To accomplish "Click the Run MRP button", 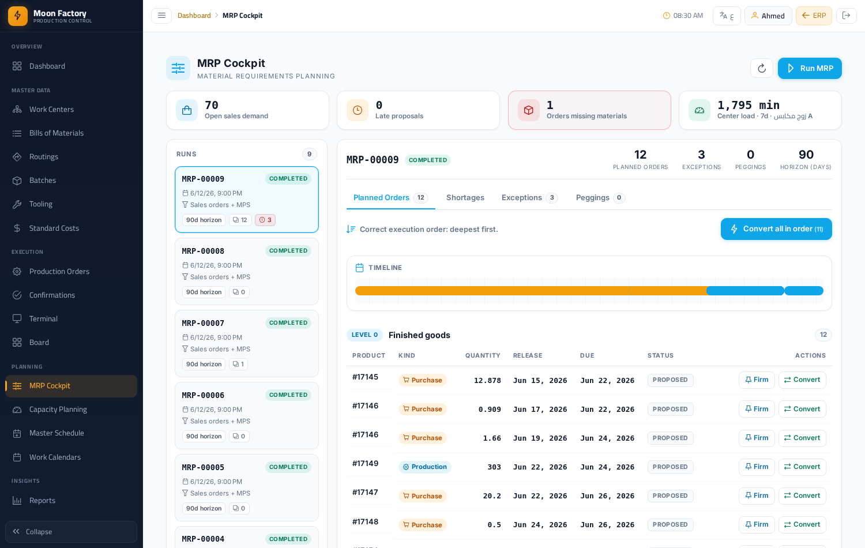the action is pyautogui.click(x=810, y=68).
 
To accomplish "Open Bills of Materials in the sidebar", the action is pyautogui.click(x=56, y=133).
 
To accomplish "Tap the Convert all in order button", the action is pyautogui.click(x=776, y=229).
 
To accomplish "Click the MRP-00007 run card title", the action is pyautogui.click(x=203, y=323).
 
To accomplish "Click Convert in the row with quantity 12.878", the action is pyautogui.click(x=802, y=380).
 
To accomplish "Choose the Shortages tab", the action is pyautogui.click(x=465, y=198).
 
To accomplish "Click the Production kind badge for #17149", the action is pyautogui.click(x=425, y=467).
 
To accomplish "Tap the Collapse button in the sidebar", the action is pyautogui.click(x=71, y=531).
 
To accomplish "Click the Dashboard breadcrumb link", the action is pyautogui.click(x=194, y=16).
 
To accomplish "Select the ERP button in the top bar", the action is pyautogui.click(x=814, y=16).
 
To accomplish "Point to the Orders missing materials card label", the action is pyautogui.click(x=586, y=116).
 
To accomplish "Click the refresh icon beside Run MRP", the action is pyautogui.click(x=762, y=68).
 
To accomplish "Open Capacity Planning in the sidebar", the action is pyautogui.click(x=58, y=410).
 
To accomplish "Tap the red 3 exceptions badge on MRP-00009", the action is pyautogui.click(x=265, y=220).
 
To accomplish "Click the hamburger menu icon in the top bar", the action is pyautogui.click(x=161, y=16).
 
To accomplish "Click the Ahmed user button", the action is pyautogui.click(x=768, y=16).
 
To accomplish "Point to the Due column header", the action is pyautogui.click(x=587, y=355).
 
